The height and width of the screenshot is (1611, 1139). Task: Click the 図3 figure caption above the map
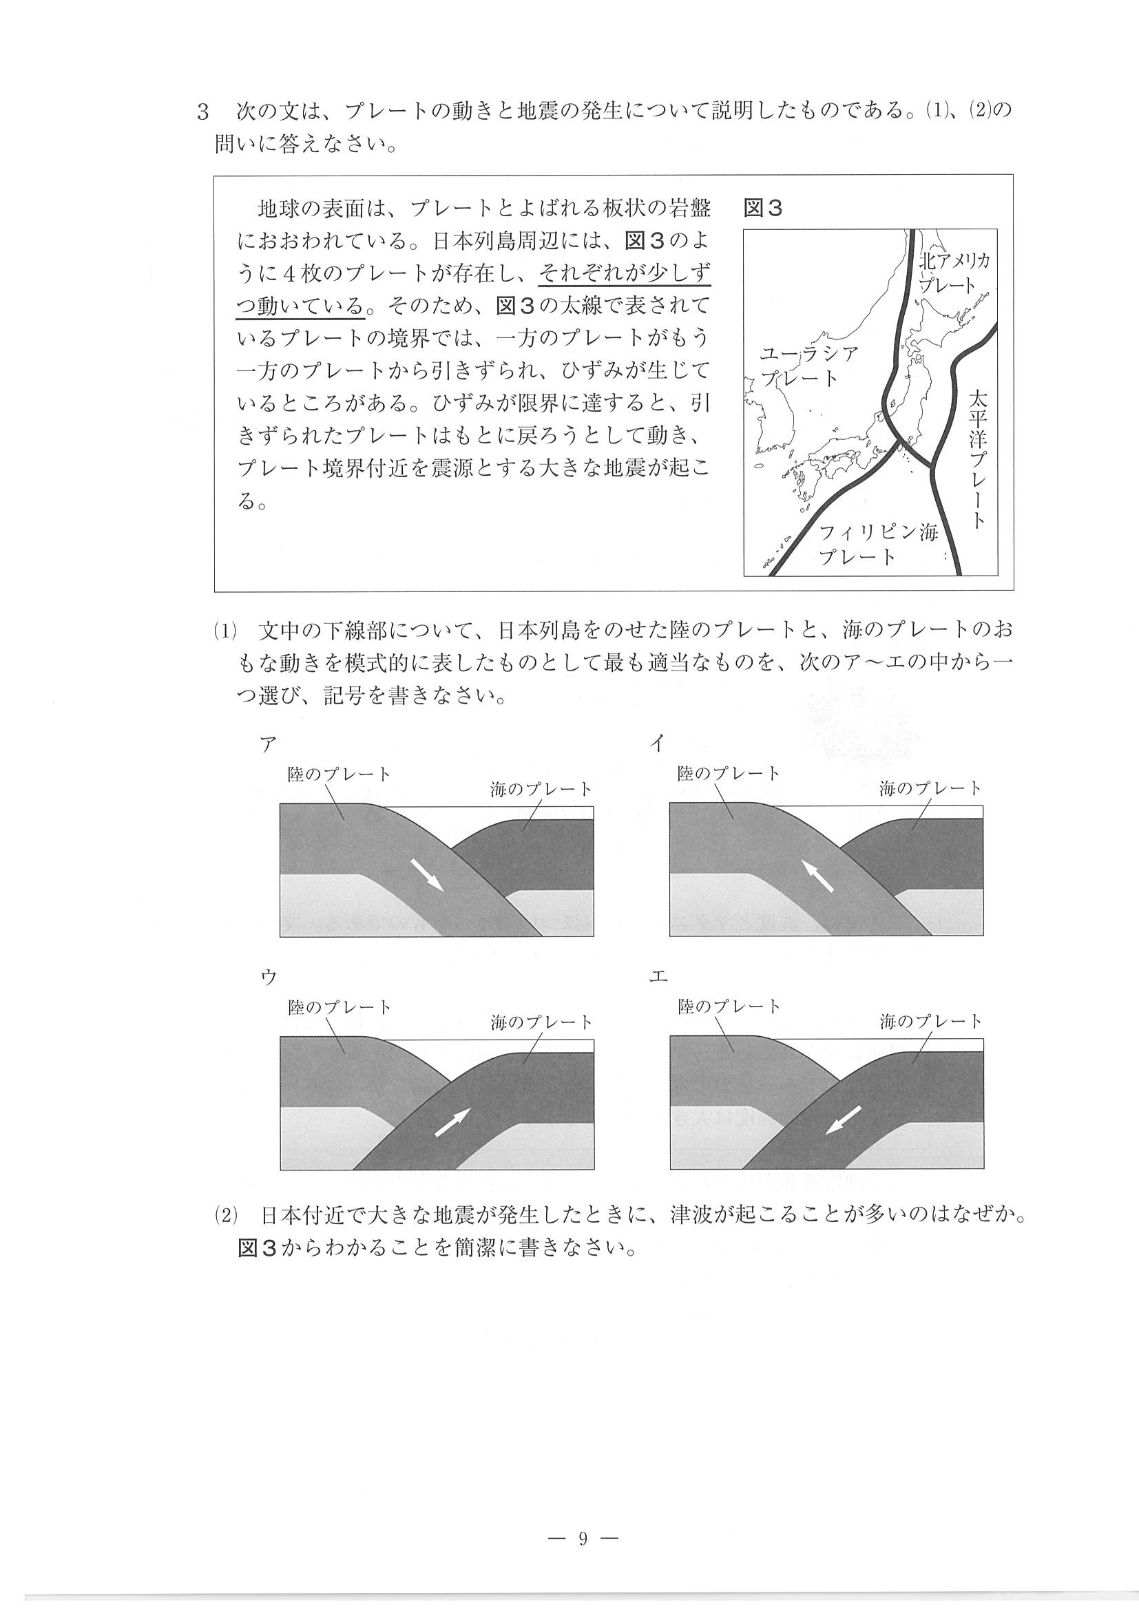[763, 209]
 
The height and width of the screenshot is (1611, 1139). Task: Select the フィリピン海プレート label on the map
[877, 545]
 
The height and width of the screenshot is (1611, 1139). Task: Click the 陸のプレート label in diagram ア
[339, 775]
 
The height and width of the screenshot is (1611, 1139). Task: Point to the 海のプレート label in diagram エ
[930, 1022]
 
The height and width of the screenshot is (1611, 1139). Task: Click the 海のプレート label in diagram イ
[930, 789]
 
